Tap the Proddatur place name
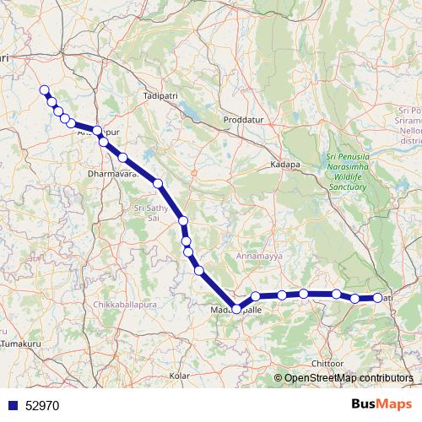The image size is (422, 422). tap(243, 121)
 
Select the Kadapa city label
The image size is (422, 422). tap(285, 165)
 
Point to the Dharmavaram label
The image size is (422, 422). tap(111, 176)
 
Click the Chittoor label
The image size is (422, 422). tap(327, 363)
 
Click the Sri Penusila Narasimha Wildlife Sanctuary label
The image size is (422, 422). tap(347, 171)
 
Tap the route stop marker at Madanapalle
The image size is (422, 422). tap(236, 307)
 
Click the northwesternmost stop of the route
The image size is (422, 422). tap(44, 90)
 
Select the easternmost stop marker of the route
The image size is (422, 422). tap(377, 298)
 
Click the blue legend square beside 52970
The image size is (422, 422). tap(13, 405)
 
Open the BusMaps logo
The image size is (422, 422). tap(382, 404)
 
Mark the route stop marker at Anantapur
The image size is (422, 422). tap(98, 131)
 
